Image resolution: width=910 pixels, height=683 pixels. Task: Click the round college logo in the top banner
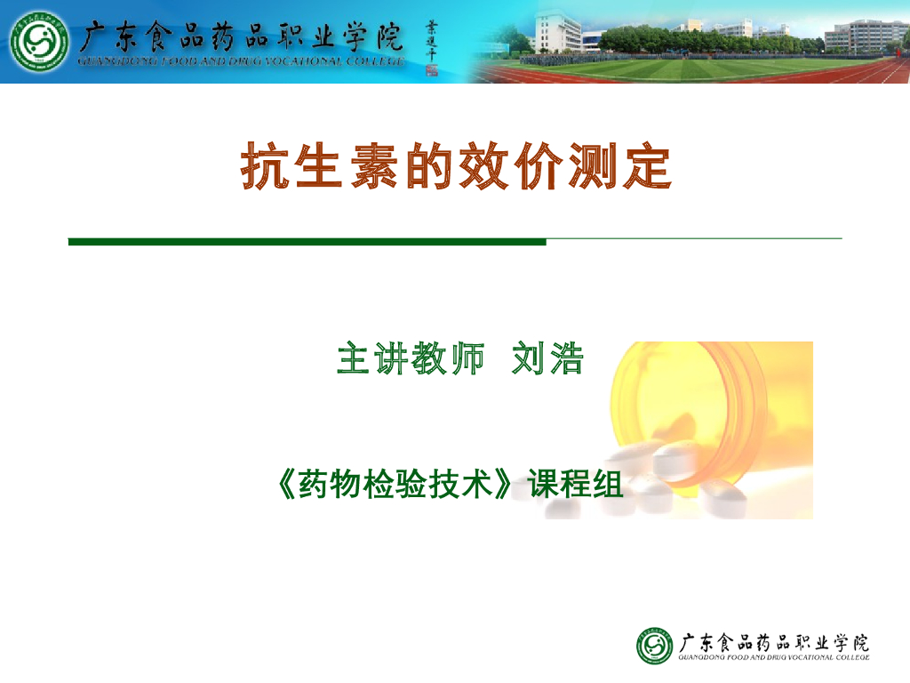tap(39, 42)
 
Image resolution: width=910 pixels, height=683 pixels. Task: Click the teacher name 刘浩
tap(547, 358)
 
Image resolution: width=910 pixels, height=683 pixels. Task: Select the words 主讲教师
tap(411, 358)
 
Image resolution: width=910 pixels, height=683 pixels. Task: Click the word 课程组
tap(576, 485)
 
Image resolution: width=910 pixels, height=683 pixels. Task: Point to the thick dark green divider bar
tap(307, 241)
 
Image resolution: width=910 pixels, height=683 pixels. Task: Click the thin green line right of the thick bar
tap(693, 238)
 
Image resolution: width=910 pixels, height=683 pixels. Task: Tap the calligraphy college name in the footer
tap(774, 641)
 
